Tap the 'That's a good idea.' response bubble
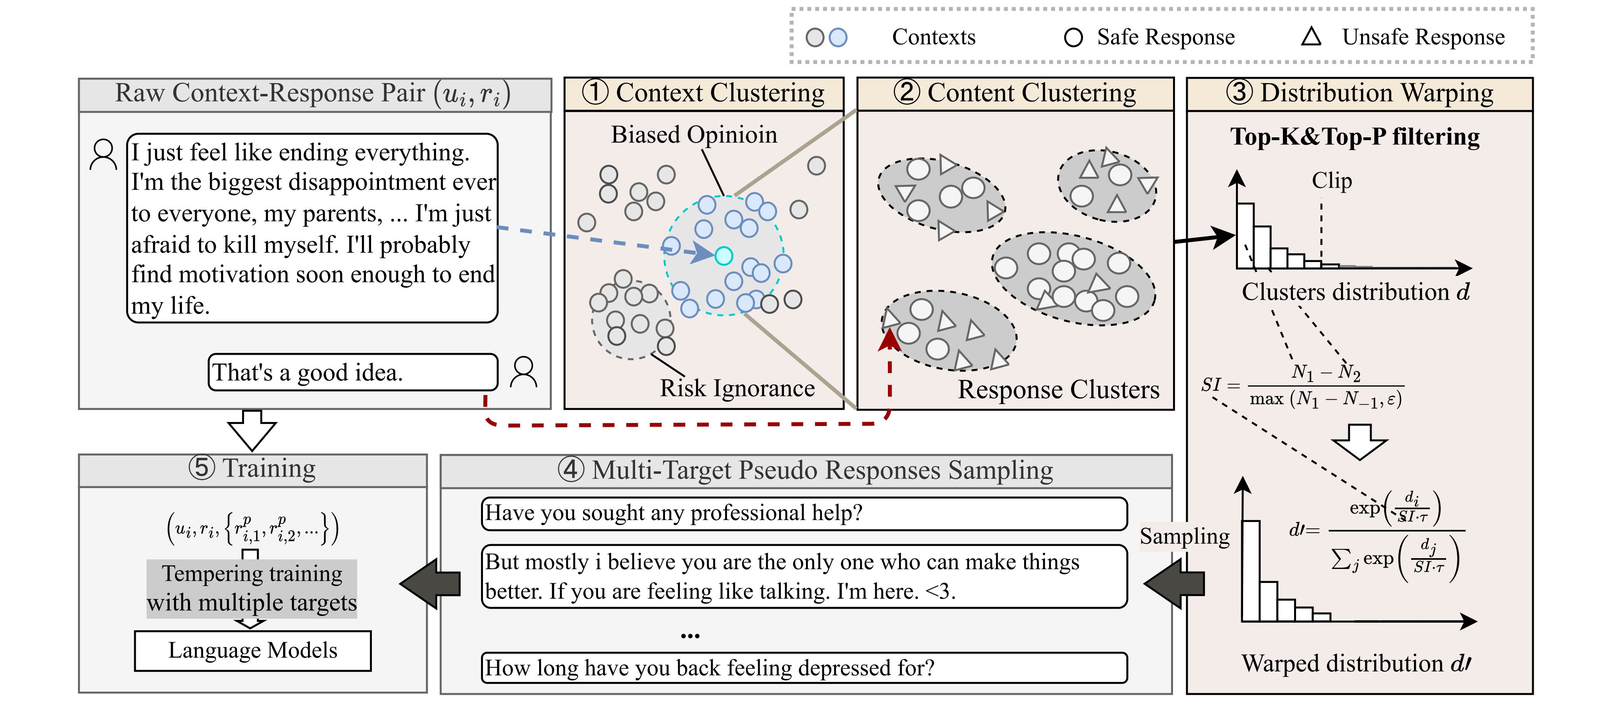pos(353,373)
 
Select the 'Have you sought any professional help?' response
pos(804,514)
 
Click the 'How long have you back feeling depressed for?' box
pos(804,668)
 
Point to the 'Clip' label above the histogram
pos(1331,181)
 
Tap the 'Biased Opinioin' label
pos(694,135)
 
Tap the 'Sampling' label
pos(1184,537)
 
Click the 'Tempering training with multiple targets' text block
pos(252,588)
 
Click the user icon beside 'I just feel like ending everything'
pos(104,155)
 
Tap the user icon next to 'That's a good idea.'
pos(524,373)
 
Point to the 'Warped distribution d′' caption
pos(1356,663)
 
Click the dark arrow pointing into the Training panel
pos(431,584)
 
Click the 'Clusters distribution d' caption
pos(1355,292)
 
